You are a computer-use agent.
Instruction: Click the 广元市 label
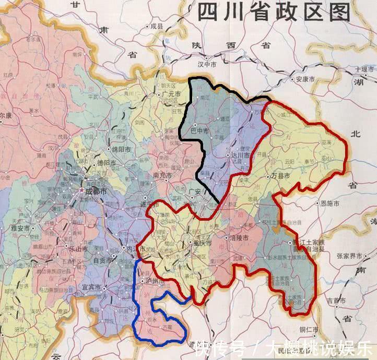point(171,94)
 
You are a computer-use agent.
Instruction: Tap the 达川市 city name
point(238,155)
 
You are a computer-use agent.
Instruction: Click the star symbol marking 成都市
point(81,191)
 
